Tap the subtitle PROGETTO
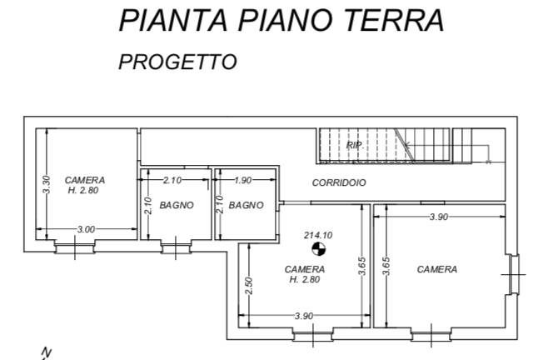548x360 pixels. (x=177, y=62)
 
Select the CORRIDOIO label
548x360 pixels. (x=339, y=182)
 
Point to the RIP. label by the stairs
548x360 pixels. (x=354, y=145)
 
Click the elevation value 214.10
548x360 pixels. (x=317, y=236)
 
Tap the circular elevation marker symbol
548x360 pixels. (x=317, y=248)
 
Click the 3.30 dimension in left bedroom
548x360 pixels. (x=47, y=184)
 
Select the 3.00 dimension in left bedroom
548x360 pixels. (x=85, y=229)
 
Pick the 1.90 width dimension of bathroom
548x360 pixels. (x=243, y=180)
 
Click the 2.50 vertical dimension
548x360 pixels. (x=248, y=286)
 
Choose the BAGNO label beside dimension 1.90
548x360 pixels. (x=246, y=205)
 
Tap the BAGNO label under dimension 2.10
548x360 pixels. (x=177, y=205)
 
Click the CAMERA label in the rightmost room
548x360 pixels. (x=437, y=269)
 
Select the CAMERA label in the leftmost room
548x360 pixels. (x=85, y=180)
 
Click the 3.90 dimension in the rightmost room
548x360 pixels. (x=438, y=217)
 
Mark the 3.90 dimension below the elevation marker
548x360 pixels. (x=304, y=316)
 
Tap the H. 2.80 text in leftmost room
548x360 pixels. (x=85, y=191)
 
